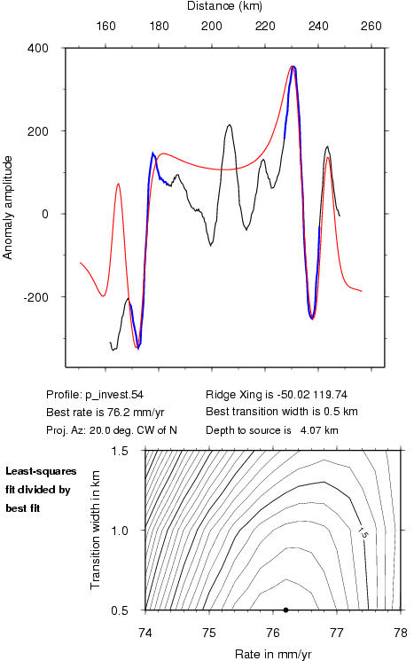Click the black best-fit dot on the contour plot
click(285, 610)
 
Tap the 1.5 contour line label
click(363, 533)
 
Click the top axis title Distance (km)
click(224, 6)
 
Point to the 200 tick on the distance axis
click(211, 26)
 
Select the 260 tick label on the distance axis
click(371, 26)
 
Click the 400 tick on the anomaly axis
click(38, 48)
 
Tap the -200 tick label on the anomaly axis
click(36, 297)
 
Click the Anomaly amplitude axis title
click(8, 208)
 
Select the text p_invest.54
click(114, 395)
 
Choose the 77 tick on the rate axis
click(337, 633)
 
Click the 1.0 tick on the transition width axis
click(120, 531)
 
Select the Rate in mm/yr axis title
click(273, 654)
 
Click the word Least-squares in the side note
click(41, 471)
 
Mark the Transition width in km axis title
click(95, 530)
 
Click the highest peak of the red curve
click(293, 67)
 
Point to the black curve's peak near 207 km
click(229, 125)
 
